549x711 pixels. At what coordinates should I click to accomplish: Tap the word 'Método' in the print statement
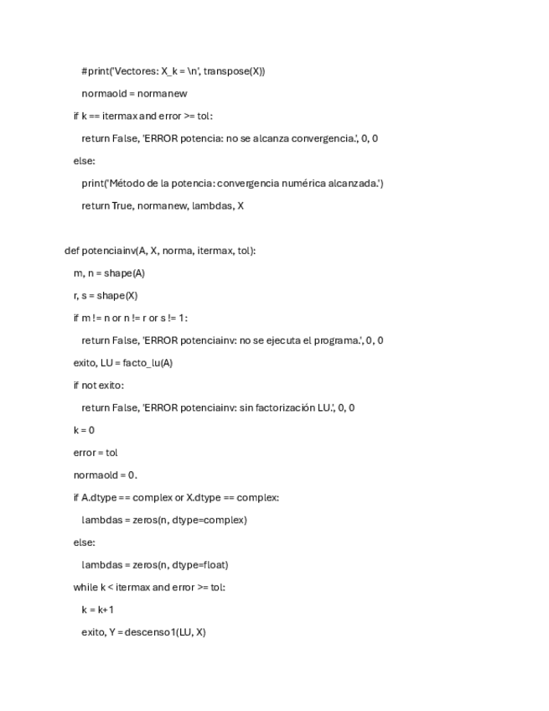pos(131,184)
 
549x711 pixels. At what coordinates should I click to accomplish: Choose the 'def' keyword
pos(72,251)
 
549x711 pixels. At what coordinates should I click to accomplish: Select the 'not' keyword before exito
pos(91,386)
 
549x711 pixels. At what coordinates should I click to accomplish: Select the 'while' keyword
pos(86,587)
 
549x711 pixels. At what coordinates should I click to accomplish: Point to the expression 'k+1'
pos(105,610)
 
